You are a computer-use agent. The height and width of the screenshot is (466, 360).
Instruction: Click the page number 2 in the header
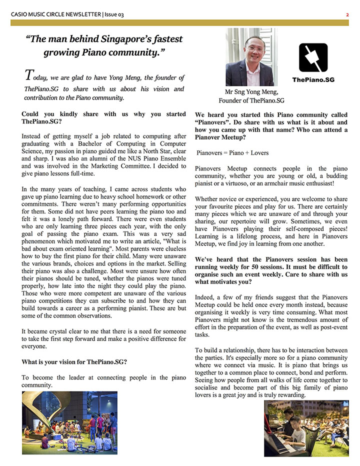coord(347,14)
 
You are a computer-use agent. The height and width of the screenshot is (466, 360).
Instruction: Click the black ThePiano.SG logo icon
coord(313,57)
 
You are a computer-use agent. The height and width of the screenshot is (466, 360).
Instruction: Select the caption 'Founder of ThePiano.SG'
coord(251,100)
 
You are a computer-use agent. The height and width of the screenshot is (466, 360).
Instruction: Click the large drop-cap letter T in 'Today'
coord(28,75)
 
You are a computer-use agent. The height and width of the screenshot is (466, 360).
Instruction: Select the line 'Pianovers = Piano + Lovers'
coord(232,152)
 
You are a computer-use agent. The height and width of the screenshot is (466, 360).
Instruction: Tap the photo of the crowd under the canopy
coord(69,422)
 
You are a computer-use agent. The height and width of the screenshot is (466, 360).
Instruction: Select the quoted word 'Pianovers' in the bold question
coord(212,122)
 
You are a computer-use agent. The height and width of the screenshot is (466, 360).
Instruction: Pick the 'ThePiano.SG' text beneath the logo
coord(313,79)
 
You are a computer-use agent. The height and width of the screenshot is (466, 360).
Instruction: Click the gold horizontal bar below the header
coord(180,22)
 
